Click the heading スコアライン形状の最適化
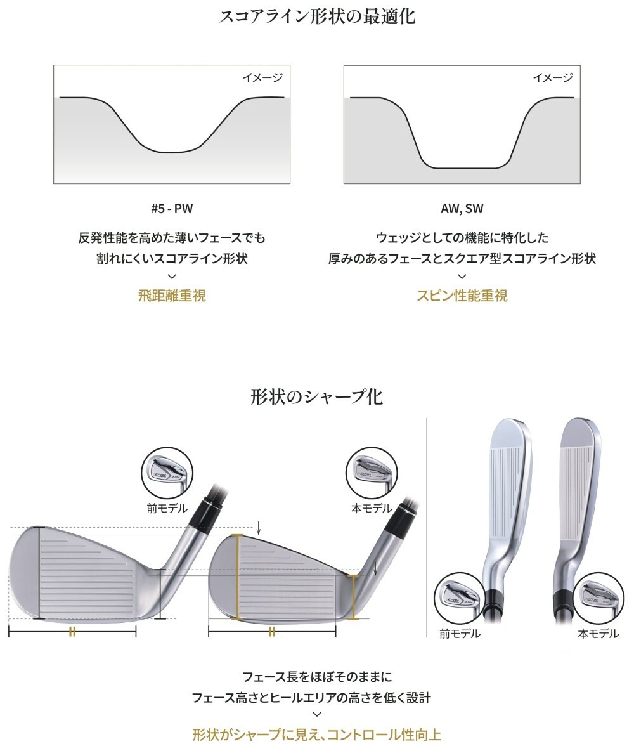pos(316,16)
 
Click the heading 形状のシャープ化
pos(316,397)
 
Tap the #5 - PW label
pos(172,209)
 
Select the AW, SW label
pos(462,209)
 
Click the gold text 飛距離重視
pos(172,295)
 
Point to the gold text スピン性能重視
pos(462,295)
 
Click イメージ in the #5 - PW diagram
pos(262,77)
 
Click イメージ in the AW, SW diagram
pos(553,77)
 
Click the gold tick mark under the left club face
pos(72,631)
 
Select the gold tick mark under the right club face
pos(272,631)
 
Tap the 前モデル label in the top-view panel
pos(460,634)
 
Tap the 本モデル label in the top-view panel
pos(598,634)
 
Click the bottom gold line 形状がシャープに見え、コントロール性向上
pos(316,735)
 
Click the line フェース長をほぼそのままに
pos(316,677)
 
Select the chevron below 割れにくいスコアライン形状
pos(172,276)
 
